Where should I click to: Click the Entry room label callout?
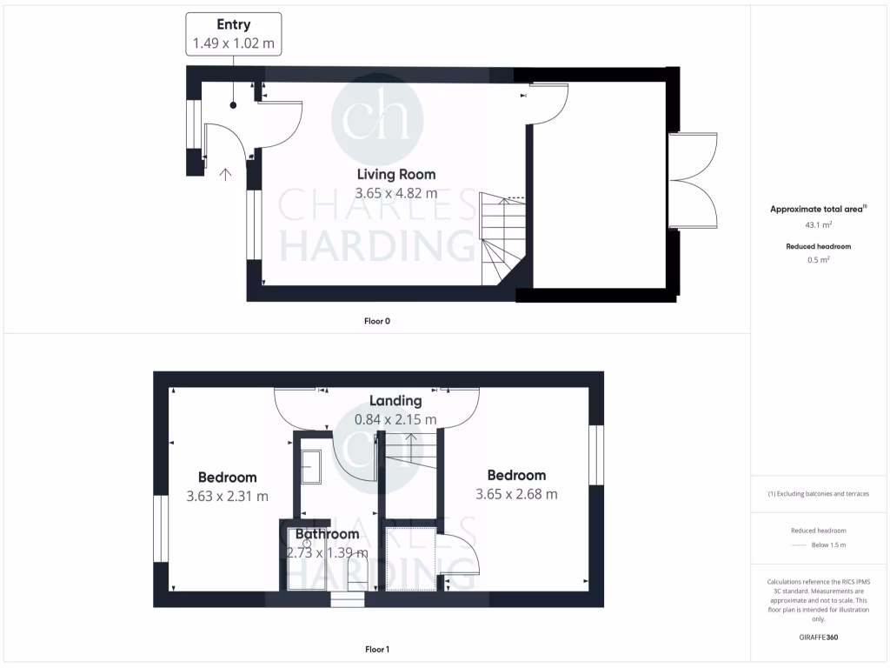233,34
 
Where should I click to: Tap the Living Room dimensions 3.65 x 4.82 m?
395,193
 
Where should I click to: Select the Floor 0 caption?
376,321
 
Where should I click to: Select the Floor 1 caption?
376,649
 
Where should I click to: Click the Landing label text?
395,401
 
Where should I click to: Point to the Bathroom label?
327,534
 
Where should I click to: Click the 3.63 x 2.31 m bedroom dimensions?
227,496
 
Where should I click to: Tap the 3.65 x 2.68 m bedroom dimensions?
516,494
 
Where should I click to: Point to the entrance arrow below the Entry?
226,174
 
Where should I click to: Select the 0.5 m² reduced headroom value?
819,259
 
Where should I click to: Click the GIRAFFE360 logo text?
819,637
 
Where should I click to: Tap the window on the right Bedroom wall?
594,454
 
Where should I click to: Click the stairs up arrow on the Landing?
411,442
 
